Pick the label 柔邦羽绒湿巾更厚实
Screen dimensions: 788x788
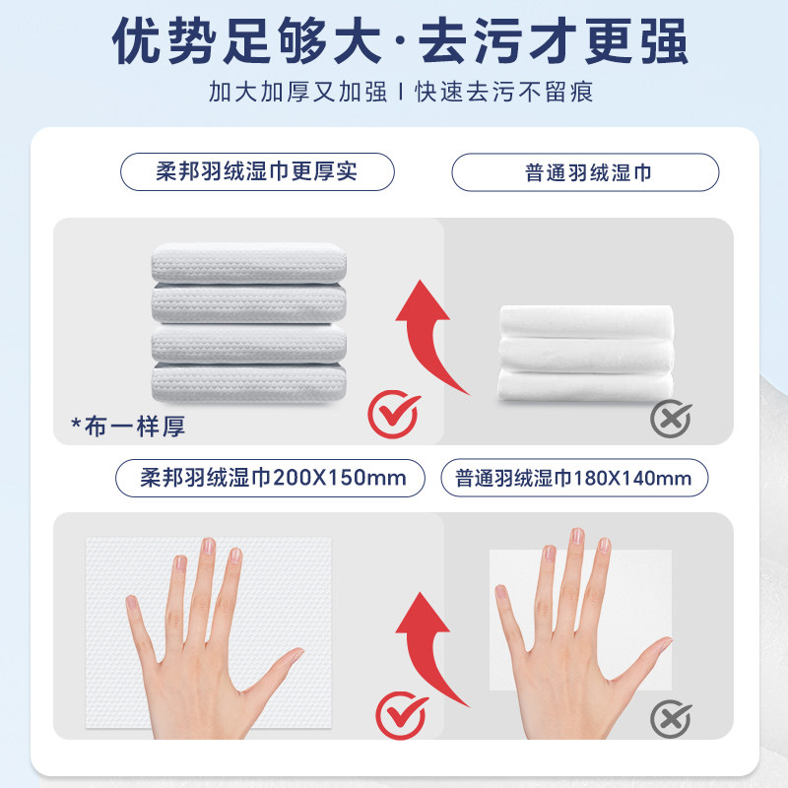(x=257, y=172)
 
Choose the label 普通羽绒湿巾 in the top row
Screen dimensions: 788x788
(x=585, y=172)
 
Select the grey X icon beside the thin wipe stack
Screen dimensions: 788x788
(x=670, y=418)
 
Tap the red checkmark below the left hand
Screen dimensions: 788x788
(x=400, y=715)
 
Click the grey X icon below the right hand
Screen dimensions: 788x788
(x=670, y=715)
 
